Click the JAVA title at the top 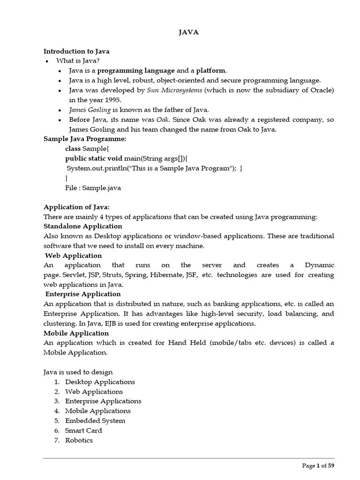click(x=189, y=32)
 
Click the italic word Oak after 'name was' click(x=162, y=120)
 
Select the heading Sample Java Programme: click(x=85, y=139)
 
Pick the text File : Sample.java click(x=93, y=188)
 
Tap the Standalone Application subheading click(x=82, y=226)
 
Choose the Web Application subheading click(x=74, y=255)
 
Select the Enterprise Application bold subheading click(x=83, y=294)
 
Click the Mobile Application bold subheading click(x=76, y=333)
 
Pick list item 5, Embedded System click(x=95, y=420)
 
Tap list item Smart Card click(x=83, y=430)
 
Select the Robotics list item click(x=79, y=440)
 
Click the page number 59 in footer click(x=331, y=465)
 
